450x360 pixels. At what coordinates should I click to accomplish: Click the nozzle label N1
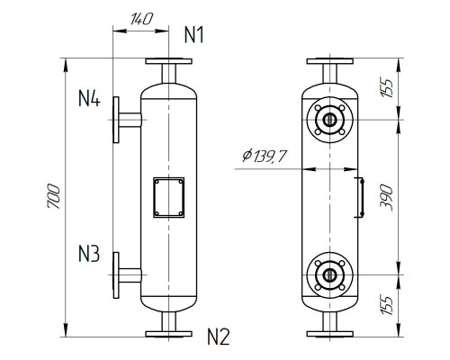[x=194, y=35]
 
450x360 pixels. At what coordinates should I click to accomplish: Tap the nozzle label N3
[x=89, y=254]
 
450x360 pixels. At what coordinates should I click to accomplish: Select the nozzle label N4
[x=89, y=98]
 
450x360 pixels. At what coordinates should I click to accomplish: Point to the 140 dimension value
[x=139, y=18]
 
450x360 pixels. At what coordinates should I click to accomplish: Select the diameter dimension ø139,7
[x=265, y=157]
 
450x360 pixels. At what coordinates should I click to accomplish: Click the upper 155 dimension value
[x=388, y=87]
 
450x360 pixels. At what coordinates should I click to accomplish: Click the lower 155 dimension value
[x=388, y=304]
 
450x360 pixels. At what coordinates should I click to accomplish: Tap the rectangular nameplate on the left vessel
[x=168, y=195]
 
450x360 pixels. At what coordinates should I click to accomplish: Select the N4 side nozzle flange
[x=116, y=119]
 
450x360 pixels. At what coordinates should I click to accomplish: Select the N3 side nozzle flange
[x=116, y=275]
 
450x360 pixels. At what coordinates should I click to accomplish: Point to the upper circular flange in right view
[x=329, y=118]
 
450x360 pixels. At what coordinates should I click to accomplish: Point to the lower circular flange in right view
[x=329, y=275]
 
